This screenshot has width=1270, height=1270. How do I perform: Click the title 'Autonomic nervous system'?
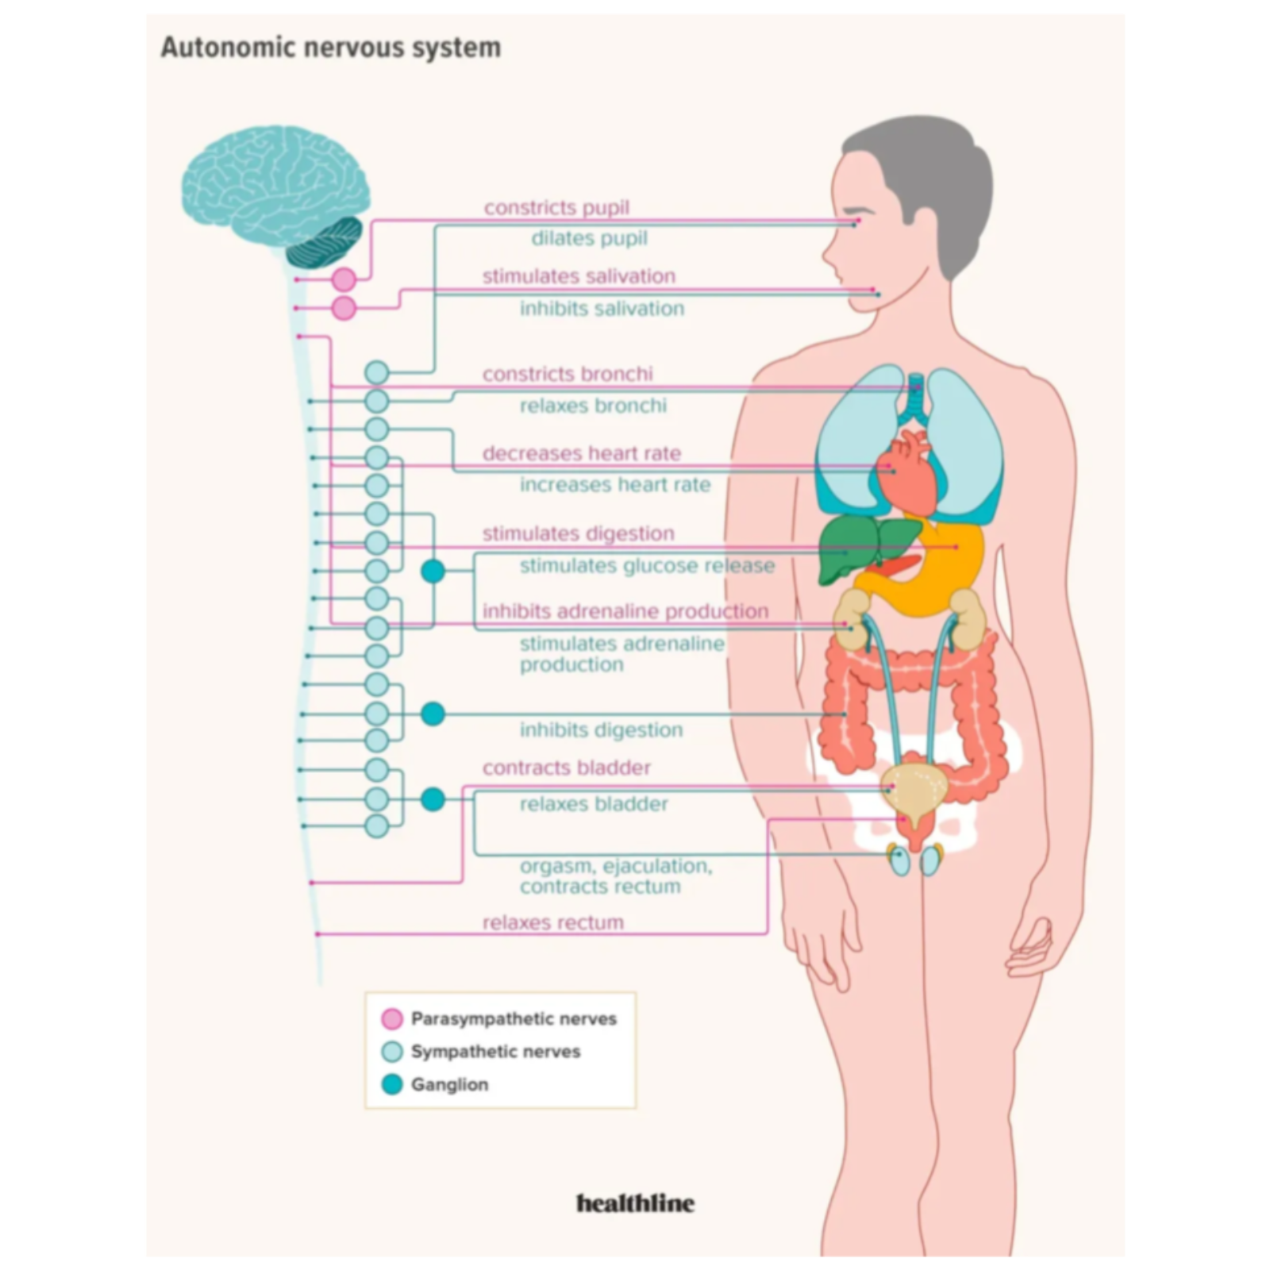pos(331,48)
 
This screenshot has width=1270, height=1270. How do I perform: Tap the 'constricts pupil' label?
pos(556,207)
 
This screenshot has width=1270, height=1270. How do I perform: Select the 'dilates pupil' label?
pos(589,238)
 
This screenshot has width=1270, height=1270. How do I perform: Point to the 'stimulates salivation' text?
pos(579,276)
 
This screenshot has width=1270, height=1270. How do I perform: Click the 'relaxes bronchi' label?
pos(593,406)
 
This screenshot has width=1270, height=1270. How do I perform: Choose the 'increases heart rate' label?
pos(615,484)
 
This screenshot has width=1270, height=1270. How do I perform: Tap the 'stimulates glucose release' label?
pos(647,566)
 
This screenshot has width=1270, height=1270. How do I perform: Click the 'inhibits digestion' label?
pos(601,729)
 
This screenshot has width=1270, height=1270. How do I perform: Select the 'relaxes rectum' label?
pos(553,922)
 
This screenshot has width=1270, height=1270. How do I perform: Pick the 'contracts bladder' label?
pos(567,768)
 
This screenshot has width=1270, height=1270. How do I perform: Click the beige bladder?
pos(915,790)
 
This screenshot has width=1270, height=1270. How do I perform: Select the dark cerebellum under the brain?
pos(324,242)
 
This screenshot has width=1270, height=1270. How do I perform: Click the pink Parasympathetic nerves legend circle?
pos(392,1018)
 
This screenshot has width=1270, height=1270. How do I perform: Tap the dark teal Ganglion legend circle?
pos(392,1084)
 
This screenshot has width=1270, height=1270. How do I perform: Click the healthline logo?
pos(635,1203)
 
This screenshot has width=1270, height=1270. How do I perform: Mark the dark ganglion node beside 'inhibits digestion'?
pos(433,714)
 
